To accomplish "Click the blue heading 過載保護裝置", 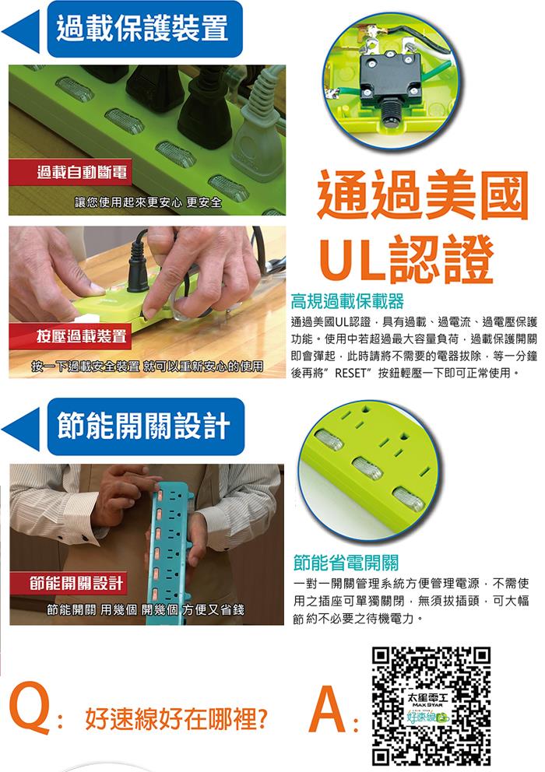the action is point(142,29).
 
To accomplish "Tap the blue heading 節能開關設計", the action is point(143,426).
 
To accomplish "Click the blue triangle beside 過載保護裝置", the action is point(22,31).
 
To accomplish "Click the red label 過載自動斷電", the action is point(81,172).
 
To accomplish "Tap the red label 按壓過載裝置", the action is point(81,336).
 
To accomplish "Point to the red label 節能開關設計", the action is point(76,584).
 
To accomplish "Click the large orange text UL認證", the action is point(406,259).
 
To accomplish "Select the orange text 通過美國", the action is point(423,195).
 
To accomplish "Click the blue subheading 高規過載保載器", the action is point(347,300).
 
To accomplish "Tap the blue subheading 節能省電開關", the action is point(346,562).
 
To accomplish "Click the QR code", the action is point(431,707).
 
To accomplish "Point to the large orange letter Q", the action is point(29,708).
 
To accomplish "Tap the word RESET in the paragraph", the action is point(350,373).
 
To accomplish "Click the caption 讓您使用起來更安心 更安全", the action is point(148,202).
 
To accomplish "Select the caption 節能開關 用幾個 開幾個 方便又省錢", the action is point(146,609).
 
